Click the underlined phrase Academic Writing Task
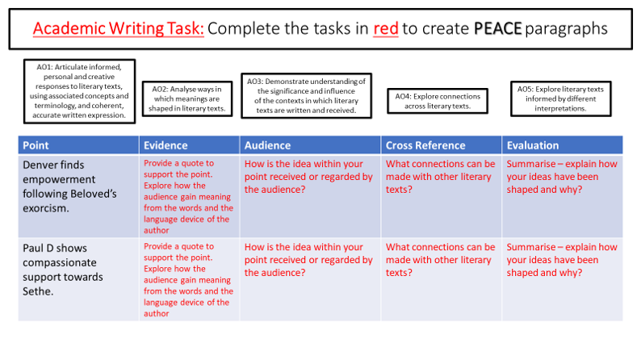coord(119,29)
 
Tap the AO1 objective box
coord(79,90)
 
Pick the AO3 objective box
coord(306,96)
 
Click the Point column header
coord(78,145)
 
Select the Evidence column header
coord(190,145)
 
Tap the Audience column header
coord(311,145)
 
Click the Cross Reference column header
coord(441,145)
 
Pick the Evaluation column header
coord(562,145)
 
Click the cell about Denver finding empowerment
coord(78,195)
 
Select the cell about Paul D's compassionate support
coord(78,278)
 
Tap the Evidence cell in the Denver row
coord(190,195)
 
